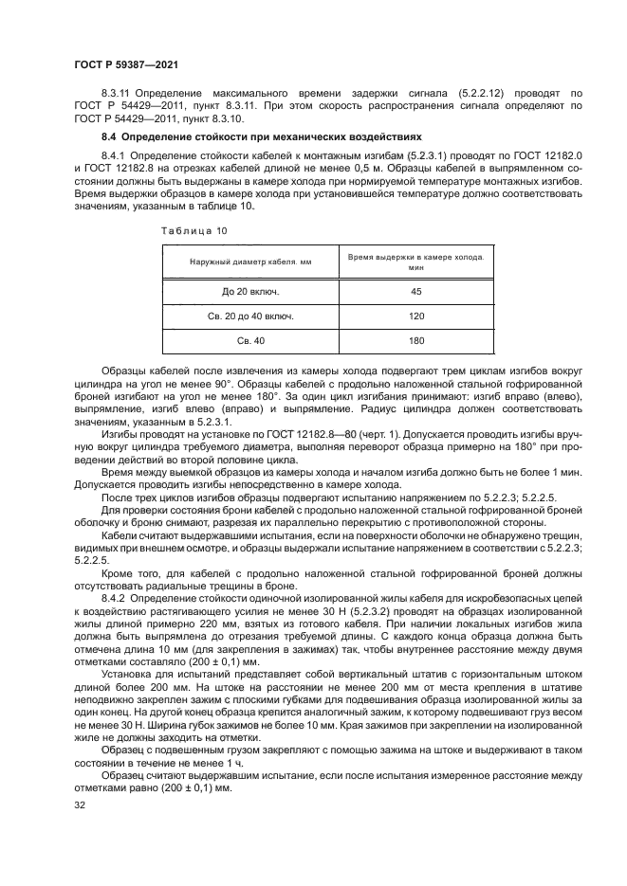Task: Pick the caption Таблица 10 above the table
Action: point(194,230)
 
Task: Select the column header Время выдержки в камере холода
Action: point(415,262)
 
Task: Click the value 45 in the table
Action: point(415,291)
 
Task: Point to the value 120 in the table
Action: point(415,316)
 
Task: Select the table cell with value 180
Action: point(415,340)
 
